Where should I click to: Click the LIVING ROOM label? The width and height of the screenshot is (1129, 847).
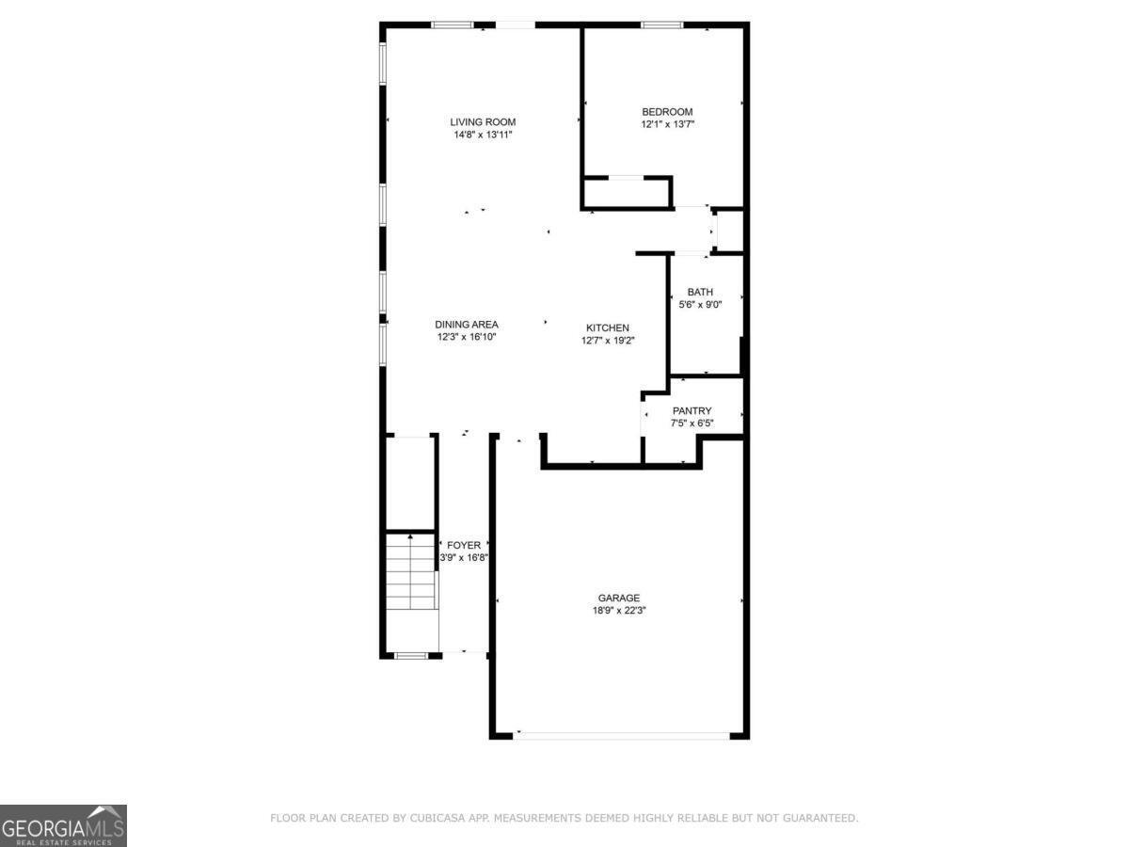483,122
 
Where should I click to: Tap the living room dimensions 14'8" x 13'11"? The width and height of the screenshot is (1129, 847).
483,135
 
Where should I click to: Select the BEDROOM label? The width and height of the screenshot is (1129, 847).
667,112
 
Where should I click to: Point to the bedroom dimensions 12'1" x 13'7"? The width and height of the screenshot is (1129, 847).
667,124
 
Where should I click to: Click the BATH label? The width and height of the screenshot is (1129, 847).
700,292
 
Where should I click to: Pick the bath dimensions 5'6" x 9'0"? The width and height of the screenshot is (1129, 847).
700,304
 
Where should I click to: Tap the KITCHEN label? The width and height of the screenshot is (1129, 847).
608,328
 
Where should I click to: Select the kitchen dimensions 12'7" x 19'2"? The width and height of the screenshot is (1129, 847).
608,341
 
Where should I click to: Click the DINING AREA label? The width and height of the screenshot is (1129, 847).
467,325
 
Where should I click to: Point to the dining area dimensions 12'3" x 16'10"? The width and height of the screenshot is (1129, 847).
467,337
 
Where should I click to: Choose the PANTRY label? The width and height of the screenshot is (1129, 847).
692,411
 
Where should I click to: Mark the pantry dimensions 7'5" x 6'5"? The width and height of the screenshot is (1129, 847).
692,423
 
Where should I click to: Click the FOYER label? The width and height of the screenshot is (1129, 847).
464,545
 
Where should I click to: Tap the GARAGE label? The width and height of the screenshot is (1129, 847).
619,599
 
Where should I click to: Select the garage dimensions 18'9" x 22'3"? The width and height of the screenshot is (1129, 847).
619,611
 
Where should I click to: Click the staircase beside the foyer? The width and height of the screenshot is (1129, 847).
411,572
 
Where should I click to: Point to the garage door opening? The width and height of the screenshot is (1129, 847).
621,736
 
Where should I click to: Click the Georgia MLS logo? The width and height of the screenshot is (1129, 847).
63,825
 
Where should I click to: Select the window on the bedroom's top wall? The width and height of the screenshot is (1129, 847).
662,24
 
